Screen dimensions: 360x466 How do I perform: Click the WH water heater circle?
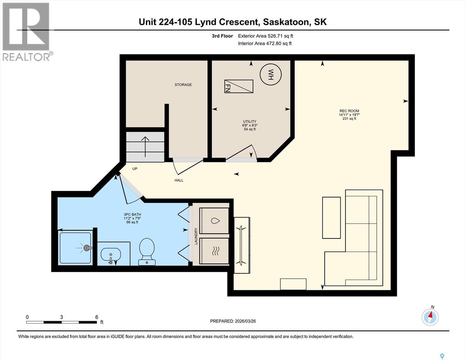[x=271, y=74]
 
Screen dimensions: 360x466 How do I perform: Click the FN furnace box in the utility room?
[x=239, y=86]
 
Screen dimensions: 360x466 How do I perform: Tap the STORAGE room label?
[x=183, y=85]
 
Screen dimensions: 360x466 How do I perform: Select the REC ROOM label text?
[x=349, y=111]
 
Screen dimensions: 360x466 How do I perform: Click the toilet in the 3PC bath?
[x=147, y=251]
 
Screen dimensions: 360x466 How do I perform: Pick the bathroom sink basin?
[x=111, y=255]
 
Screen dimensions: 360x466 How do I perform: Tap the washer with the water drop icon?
[x=214, y=220]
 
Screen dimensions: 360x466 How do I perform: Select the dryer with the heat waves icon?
[x=214, y=251]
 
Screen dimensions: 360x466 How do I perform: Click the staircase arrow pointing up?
[x=145, y=146]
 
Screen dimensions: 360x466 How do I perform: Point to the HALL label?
[x=179, y=180]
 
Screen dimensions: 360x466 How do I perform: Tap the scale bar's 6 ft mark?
[x=97, y=317]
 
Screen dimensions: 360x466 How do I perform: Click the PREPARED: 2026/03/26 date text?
[x=233, y=321]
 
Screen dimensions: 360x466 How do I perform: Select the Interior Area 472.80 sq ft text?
[x=265, y=43]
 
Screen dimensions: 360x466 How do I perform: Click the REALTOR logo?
[x=26, y=31]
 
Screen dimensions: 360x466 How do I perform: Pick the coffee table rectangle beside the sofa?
[x=331, y=217]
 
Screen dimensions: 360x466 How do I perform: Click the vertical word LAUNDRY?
[x=196, y=236]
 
